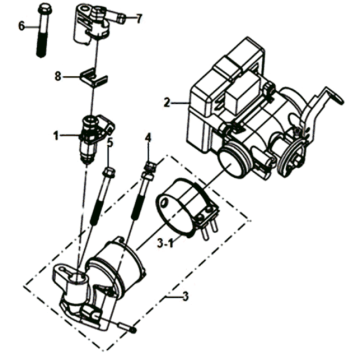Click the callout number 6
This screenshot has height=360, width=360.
tap(22, 25)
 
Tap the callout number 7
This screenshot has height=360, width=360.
tap(138, 19)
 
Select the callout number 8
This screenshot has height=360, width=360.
tap(58, 76)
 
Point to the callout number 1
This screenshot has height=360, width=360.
tap(56, 135)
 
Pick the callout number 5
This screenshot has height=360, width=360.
tap(110, 142)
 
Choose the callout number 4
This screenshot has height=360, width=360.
tap(148, 138)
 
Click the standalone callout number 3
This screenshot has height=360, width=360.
tap(185, 296)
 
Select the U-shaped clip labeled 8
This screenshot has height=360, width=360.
tap(94, 77)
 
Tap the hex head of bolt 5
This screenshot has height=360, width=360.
tap(110, 173)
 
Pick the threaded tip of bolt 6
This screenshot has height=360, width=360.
tap(41, 53)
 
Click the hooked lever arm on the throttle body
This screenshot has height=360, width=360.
tap(325, 102)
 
